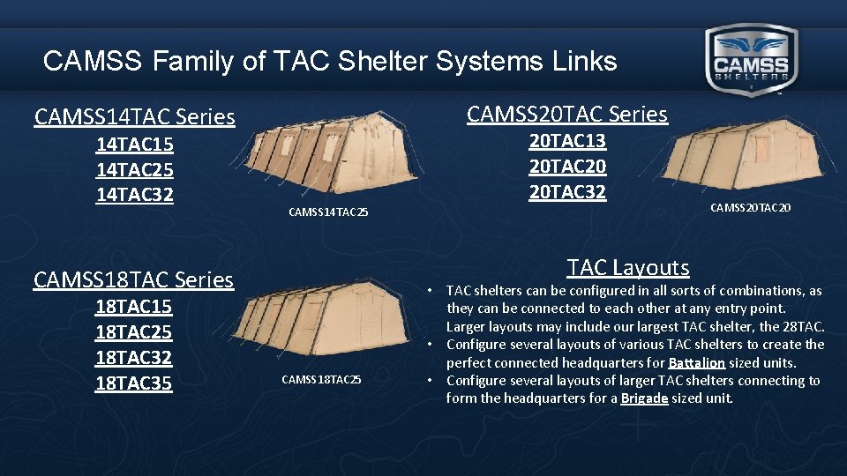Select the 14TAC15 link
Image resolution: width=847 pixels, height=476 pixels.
[x=134, y=144]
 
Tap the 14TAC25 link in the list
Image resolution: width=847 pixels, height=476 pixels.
[x=134, y=168]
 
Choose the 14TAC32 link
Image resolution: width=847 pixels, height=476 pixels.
[x=134, y=193]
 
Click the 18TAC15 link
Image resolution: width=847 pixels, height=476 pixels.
[x=133, y=307]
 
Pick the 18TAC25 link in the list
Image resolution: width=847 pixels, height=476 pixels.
[x=133, y=332]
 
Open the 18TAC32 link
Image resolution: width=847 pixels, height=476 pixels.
[x=133, y=358]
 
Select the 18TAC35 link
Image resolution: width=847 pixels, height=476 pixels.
[x=133, y=383]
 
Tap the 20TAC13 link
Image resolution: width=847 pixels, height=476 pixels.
[x=567, y=141]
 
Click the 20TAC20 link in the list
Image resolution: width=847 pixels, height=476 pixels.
[x=567, y=166]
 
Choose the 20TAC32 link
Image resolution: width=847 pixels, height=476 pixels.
[x=567, y=191]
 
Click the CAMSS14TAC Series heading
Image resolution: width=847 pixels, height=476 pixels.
[x=134, y=116]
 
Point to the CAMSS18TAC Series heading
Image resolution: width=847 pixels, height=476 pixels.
[x=133, y=279]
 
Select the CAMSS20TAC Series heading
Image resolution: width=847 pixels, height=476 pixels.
[x=567, y=114]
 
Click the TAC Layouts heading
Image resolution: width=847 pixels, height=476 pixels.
[x=628, y=267]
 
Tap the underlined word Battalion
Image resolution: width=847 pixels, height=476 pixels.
[x=696, y=362]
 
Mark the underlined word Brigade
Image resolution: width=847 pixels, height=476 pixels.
[x=643, y=398]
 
